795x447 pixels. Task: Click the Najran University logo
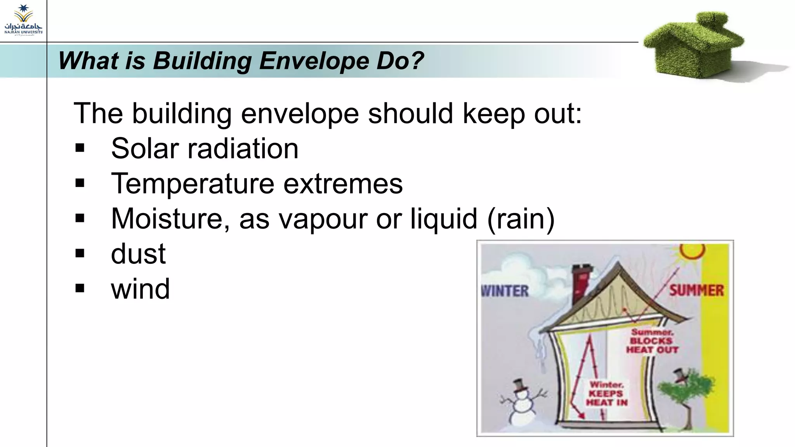pyautogui.click(x=23, y=20)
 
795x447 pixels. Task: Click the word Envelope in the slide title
pyautogui.click(x=314, y=61)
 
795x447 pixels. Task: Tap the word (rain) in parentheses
pyautogui.click(x=521, y=219)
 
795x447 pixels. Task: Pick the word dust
pyautogui.click(x=138, y=254)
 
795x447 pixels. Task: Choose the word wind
pyautogui.click(x=140, y=289)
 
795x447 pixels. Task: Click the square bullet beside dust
pyautogui.click(x=80, y=254)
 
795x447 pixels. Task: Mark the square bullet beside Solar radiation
pyautogui.click(x=80, y=148)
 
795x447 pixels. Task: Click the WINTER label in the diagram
pyautogui.click(x=505, y=291)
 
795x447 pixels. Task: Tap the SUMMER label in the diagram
pyautogui.click(x=696, y=291)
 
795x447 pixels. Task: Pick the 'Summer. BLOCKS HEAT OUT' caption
pyautogui.click(x=652, y=341)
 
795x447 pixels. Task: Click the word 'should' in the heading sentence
pyautogui.click(x=410, y=114)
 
